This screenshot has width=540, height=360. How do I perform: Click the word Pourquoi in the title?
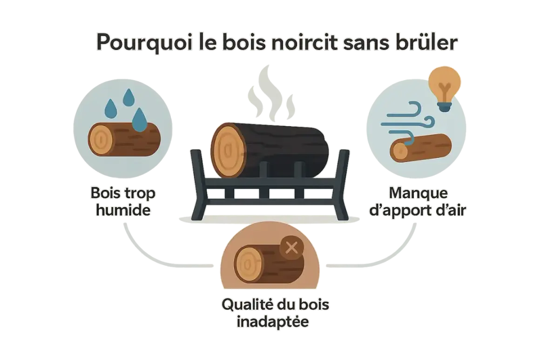pos(144,43)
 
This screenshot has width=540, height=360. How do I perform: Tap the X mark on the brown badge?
pos(292,247)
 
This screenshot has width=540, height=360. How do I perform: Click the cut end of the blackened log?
pos(228,150)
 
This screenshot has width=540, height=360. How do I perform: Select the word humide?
pos(123,210)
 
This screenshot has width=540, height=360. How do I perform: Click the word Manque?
pos(418,194)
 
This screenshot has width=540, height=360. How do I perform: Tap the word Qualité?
pos(245,304)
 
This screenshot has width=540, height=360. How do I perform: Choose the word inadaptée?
pos(272,322)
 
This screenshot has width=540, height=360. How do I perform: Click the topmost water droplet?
pos(128,97)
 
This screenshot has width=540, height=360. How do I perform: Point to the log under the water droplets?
pos(124,139)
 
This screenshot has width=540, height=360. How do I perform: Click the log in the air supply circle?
pos(420,148)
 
